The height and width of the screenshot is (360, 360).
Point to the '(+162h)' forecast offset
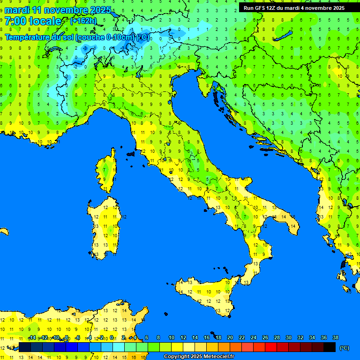tap(83, 21)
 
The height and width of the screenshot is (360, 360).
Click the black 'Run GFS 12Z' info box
tap(294, 7)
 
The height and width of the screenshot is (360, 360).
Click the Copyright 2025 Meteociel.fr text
tap(199, 356)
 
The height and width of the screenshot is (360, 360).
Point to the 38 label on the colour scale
tap(335, 337)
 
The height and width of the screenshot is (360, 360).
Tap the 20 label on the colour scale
tap(230, 337)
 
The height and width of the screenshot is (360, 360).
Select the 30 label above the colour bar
tap(288, 337)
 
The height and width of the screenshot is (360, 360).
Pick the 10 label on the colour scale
tap(172, 337)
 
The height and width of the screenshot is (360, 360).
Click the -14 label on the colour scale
tap(31, 337)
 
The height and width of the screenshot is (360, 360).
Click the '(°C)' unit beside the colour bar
tap(344, 348)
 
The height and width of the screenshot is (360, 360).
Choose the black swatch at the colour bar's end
tap(330, 347)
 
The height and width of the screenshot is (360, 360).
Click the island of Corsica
tap(107, 171)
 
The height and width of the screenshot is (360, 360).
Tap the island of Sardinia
tap(104, 227)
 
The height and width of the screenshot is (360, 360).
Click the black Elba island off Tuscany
tap(130, 153)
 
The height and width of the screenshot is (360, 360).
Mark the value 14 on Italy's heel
tap(293, 226)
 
